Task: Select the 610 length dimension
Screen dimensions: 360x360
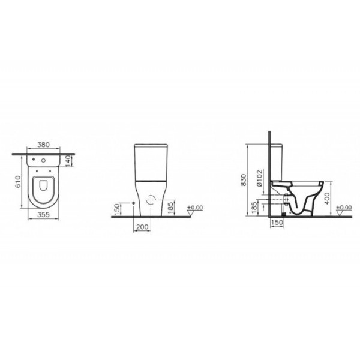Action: [x=19, y=181]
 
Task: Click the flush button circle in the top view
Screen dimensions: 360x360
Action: [x=45, y=161]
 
